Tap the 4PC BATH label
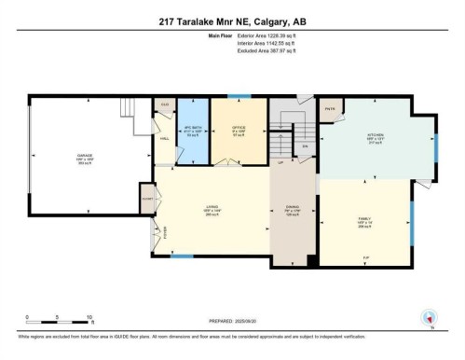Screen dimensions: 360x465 click(x=193, y=131)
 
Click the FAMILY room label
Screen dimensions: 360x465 click(x=364, y=225)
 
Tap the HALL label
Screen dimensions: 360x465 click(x=165, y=138)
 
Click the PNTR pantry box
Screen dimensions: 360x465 click(x=329, y=108)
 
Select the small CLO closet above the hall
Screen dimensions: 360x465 click(x=164, y=104)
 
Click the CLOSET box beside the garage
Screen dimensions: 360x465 click(x=146, y=199)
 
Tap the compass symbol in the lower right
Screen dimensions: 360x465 click(x=430, y=317)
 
